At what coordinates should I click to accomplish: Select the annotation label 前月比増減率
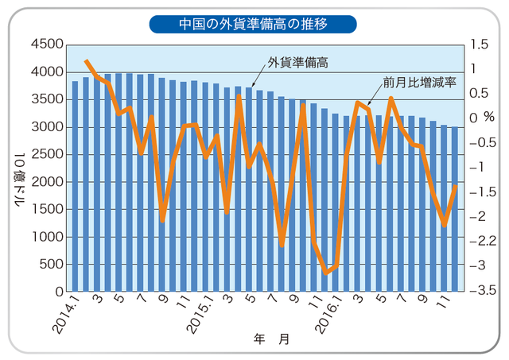pos(418,82)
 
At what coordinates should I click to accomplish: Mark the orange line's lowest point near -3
pos(325,273)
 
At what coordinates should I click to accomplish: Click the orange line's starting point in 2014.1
pos(86,60)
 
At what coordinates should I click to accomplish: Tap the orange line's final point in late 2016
pos(456,186)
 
